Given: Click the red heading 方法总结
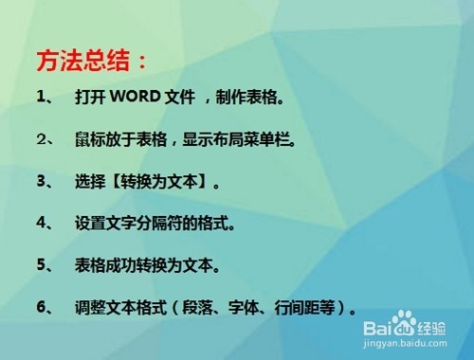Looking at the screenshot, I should click(92, 62).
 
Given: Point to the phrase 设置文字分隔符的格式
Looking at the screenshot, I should click(153, 224).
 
